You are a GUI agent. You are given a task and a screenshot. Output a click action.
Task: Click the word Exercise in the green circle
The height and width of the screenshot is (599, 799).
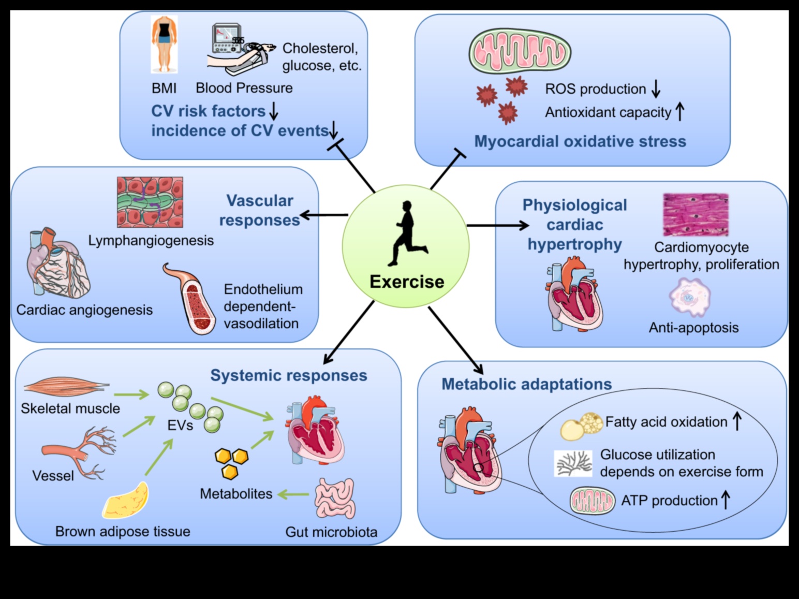click(x=407, y=282)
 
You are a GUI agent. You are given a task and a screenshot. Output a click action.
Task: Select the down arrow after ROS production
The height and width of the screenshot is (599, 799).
click(x=656, y=89)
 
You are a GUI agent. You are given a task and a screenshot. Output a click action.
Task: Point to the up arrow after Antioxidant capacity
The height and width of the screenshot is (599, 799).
click(x=680, y=111)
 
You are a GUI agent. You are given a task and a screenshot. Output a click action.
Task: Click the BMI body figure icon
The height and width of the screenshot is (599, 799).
click(x=164, y=44)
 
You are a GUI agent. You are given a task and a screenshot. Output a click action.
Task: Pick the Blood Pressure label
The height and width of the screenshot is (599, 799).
click(x=244, y=88)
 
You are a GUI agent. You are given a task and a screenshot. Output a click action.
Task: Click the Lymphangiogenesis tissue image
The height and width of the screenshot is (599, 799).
click(x=150, y=202)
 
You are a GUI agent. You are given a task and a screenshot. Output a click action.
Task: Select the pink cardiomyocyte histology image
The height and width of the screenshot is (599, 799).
click(x=696, y=215)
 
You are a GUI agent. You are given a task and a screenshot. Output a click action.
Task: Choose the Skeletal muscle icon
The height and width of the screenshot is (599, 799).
click(x=66, y=386)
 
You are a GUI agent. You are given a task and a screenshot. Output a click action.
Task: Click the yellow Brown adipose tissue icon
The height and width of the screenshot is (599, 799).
click(x=125, y=501)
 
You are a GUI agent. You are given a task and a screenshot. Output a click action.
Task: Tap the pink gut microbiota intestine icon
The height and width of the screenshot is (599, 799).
click(x=335, y=498)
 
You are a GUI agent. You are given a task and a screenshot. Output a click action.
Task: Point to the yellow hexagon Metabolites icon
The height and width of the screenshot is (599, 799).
click(x=231, y=462)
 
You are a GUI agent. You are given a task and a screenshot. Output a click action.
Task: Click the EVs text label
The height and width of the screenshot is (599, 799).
click(x=180, y=426)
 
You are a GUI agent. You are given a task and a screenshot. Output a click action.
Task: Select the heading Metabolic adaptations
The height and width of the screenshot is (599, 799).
click(x=526, y=384)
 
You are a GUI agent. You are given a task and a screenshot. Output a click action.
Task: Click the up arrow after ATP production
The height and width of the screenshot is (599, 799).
click(x=726, y=500)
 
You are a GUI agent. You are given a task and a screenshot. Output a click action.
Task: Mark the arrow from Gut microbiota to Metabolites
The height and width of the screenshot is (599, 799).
click(x=293, y=494)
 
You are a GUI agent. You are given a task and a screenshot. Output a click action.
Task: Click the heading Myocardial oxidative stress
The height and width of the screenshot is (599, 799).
click(x=580, y=141)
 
